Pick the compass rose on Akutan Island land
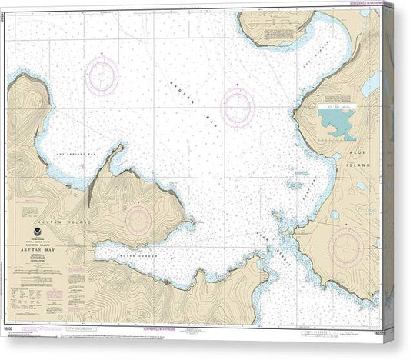pyautogui.click(x=138, y=218)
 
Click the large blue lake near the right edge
pyautogui.click(x=372, y=83)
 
